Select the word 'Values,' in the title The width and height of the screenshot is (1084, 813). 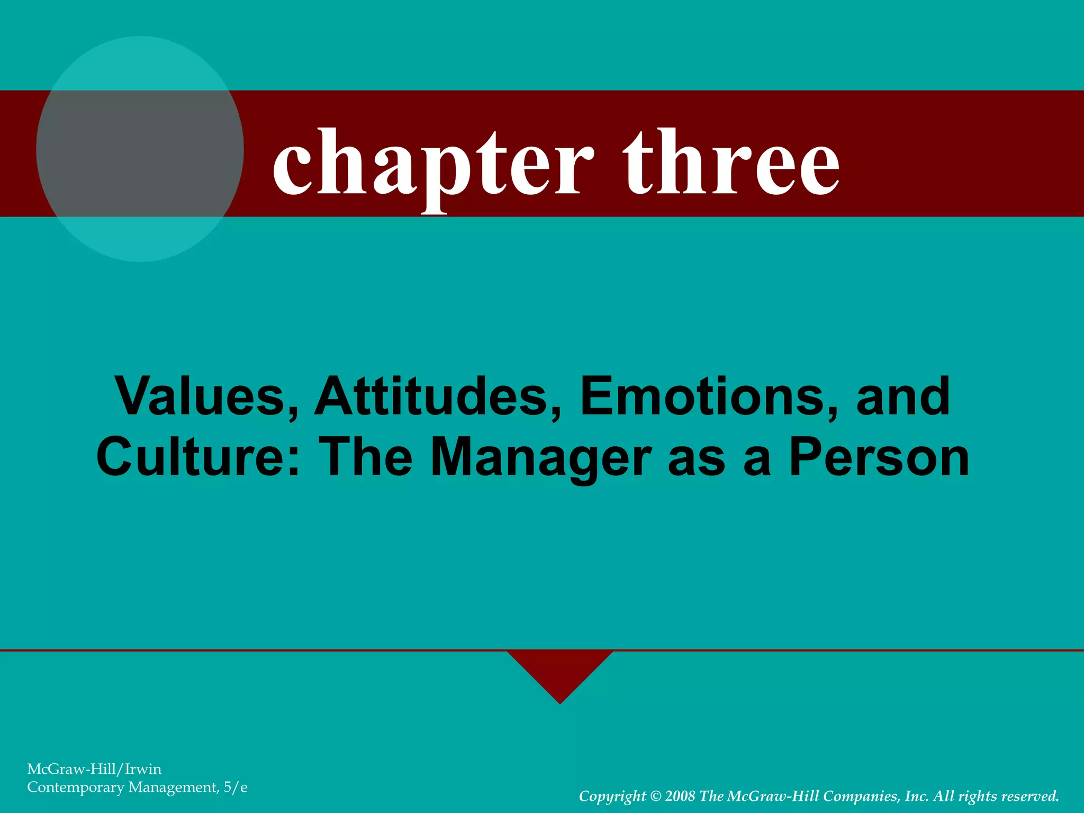(x=207, y=396)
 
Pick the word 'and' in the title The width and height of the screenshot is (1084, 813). (x=903, y=396)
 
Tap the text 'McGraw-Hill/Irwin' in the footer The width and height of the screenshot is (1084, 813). (x=94, y=769)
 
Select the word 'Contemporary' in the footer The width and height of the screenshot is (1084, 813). (x=75, y=788)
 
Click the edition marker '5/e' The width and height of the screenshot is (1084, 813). (x=236, y=788)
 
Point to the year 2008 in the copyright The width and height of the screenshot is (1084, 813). (x=680, y=796)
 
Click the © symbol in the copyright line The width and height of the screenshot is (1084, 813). (x=655, y=796)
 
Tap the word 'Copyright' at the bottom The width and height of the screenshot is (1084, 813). (x=612, y=797)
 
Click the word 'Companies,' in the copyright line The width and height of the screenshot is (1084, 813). (x=862, y=797)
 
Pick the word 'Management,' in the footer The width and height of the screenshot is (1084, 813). (x=174, y=788)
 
